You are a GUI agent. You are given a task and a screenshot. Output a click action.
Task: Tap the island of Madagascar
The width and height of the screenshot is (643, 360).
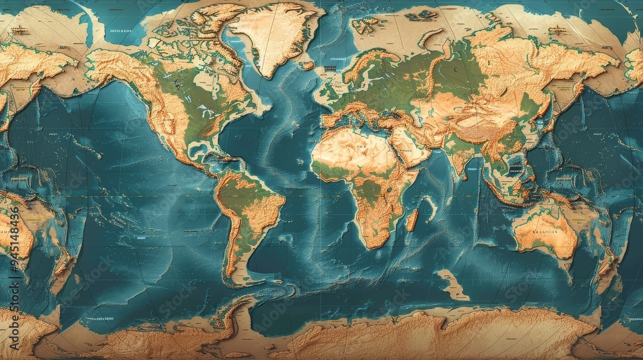412,219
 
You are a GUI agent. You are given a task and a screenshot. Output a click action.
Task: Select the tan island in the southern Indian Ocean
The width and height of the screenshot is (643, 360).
453,285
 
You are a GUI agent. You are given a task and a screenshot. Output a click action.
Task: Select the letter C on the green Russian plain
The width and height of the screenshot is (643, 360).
456,69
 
